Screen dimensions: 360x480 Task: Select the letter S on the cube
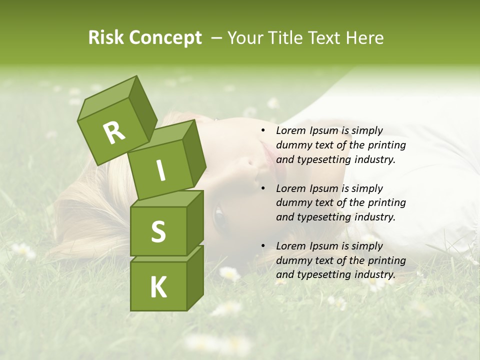[x=158, y=231]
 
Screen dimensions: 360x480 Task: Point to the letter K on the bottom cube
[x=158, y=287]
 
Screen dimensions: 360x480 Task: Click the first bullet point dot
[x=263, y=131]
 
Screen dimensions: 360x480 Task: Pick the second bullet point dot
[x=263, y=188]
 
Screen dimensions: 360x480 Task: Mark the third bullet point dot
[x=263, y=246]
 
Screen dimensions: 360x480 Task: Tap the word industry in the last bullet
[x=374, y=274]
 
